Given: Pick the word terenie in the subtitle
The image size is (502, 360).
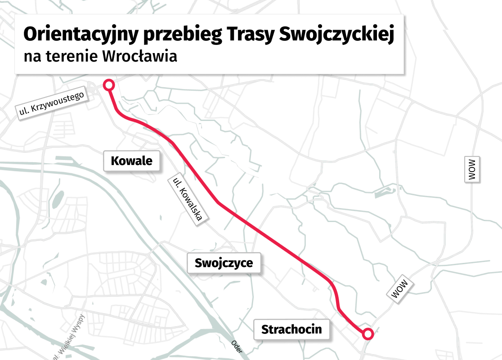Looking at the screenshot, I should [72, 57].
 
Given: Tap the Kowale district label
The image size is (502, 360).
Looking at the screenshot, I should [131, 160].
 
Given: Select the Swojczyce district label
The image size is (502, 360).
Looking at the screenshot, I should [224, 263].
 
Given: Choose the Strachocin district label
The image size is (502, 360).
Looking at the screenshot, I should [291, 329].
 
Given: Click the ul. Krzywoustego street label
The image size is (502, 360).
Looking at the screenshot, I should [51, 103].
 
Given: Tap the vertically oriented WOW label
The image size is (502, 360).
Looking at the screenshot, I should [471, 169].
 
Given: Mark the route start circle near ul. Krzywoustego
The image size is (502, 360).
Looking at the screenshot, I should [109, 84].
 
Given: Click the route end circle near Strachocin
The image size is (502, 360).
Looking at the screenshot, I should [368, 333].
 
